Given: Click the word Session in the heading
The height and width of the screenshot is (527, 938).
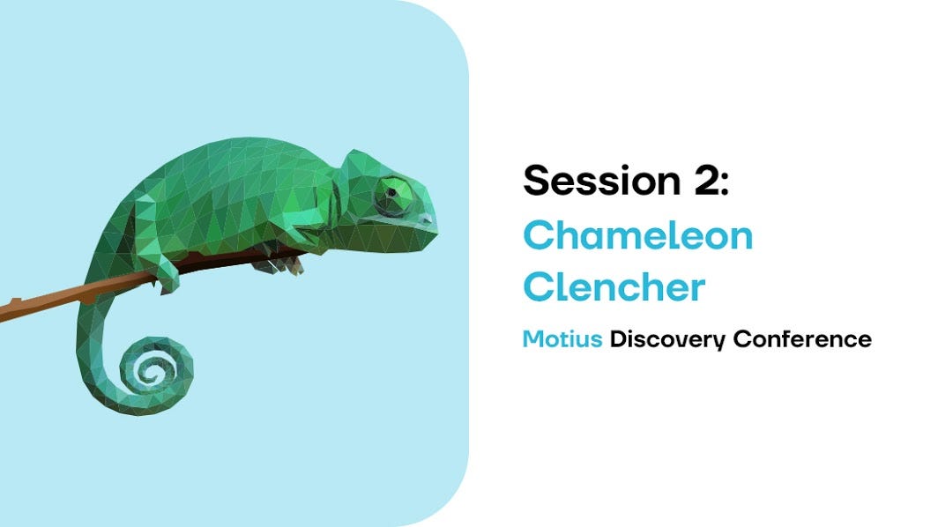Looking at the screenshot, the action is click(x=602, y=180).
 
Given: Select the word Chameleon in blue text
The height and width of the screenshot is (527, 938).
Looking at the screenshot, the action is click(x=637, y=235).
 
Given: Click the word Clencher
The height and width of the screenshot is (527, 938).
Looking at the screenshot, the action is click(x=614, y=286).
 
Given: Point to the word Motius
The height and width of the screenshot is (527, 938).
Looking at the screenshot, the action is click(x=562, y=339).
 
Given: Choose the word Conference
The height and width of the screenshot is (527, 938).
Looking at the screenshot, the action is click(x=802, y=339).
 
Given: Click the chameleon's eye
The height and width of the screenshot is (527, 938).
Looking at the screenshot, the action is click(x=391, y=193).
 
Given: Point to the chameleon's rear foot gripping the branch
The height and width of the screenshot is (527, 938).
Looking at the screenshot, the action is click(x=168, y=282).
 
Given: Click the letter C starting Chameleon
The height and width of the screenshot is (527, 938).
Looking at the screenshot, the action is click(x=539, y=235).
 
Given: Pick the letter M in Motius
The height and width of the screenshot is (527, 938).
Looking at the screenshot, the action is click(x=533, y=339).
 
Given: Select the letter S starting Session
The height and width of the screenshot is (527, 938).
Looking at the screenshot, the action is click(x=537, y=181).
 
